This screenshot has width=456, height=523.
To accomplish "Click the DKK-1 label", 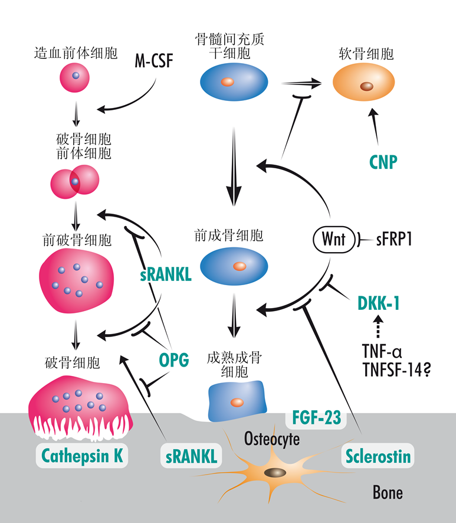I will point(378,303).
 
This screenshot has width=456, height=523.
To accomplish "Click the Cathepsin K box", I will point(82,456).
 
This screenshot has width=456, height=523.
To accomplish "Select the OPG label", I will point(173,358).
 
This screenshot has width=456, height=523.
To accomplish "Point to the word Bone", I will point(388,492).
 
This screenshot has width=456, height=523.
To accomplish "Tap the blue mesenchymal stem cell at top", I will point(234,81).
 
